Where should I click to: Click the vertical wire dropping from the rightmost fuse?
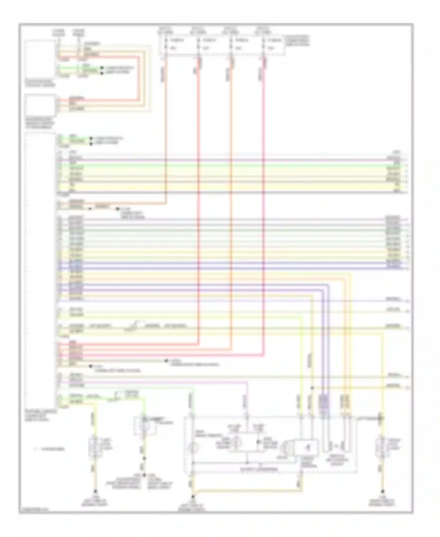click(263, 206)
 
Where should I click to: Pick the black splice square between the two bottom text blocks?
click(144, 475)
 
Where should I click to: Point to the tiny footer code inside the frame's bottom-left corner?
click(34, 510)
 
